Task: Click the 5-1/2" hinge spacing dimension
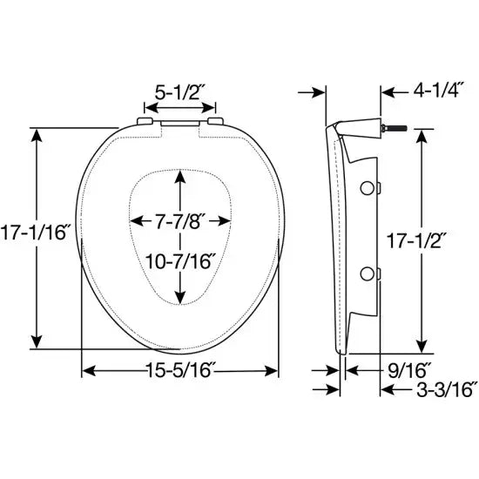180,90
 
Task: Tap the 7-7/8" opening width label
179,222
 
